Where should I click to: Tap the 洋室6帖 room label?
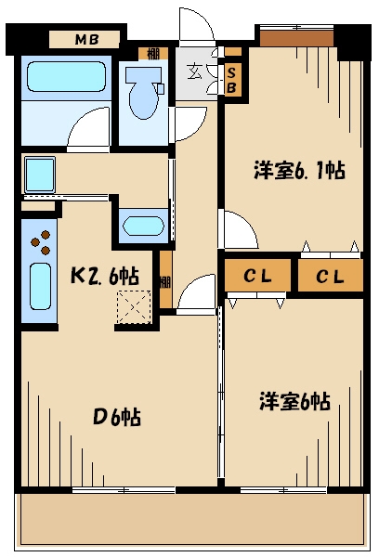click(x=294, y=400)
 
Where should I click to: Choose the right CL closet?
click(x=328, y=276)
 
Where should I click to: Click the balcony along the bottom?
click(x=189, y=519)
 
